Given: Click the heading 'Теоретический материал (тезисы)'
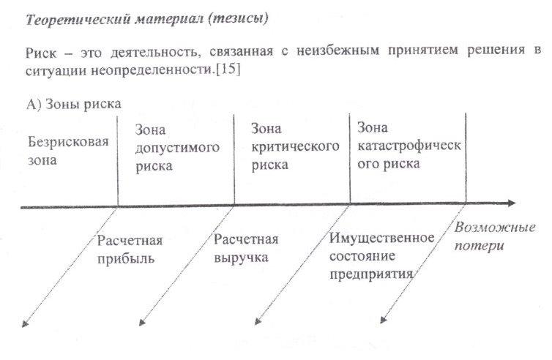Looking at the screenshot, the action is (x=147, y=19).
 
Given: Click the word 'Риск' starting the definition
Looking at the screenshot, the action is (x=40, y=53).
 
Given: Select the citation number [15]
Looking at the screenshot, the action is (x=228, y=69).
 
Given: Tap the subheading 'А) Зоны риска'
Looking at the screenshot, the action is (x=74, y=104).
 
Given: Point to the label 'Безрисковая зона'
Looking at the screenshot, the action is (x=68, y=151).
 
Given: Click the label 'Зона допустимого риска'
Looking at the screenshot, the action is (x=177, y=148).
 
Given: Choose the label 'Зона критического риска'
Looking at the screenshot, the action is (x=295, y=147).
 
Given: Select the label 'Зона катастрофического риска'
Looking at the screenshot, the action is (x=409, y=146).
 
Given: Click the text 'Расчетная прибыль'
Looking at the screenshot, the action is (x=130, y=250).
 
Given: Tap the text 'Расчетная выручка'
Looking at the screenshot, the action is (x=246, y=249).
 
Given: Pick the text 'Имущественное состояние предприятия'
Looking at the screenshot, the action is (x=381, y=256).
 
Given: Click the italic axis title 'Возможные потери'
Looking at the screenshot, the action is (x=495, y=236).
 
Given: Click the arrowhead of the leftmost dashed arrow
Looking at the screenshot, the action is (x=25, y=323).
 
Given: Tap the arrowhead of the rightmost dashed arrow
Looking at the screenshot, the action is (x=383, y=320).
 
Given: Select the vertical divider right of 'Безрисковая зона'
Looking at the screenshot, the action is (x=118, y=161).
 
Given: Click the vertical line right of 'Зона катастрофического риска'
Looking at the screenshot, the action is (x=466, y=158).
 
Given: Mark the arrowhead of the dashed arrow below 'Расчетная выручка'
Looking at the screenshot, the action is (x=142, y=322).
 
